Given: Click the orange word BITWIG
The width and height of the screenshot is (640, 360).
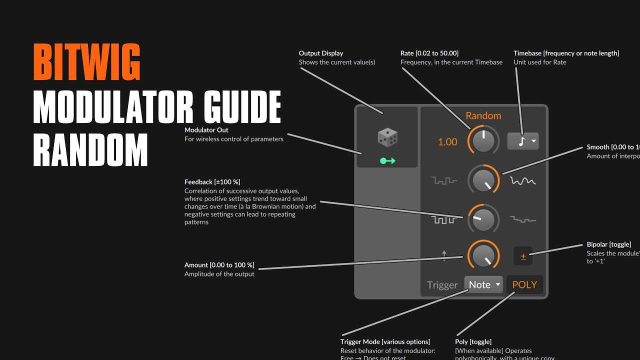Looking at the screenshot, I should point(86,62).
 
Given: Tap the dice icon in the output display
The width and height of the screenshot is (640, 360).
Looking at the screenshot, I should point(387,137).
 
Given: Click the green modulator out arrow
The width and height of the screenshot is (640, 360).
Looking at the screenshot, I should point(387,161).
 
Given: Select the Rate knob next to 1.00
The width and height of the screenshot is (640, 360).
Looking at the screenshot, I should point(483,141).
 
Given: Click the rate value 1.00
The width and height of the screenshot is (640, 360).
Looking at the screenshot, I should point(447,142).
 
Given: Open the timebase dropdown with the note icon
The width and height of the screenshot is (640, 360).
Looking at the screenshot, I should point(522,141).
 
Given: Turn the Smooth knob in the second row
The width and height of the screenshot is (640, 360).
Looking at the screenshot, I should point(483,180).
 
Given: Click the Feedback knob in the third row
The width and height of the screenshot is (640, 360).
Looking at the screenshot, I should point(483,219).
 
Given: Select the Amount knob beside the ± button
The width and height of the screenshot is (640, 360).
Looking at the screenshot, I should point(483,255).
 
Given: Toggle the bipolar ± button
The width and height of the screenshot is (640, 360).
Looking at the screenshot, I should point(523,256).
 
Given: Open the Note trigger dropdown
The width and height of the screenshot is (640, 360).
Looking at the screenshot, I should point(483,284).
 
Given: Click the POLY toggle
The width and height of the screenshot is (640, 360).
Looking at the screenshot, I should point(524,284).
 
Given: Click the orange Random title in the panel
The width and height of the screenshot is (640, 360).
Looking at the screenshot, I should point(483,115).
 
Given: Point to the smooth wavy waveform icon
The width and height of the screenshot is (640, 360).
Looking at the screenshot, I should point(522,180).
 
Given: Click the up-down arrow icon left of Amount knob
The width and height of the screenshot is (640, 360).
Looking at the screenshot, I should point(444,255).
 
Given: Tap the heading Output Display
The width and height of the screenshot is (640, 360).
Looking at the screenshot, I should point(321,53).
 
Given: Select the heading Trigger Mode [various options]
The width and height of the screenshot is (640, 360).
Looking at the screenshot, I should point(385,342).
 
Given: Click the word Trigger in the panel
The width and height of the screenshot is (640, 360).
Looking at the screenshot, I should point(442,285).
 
